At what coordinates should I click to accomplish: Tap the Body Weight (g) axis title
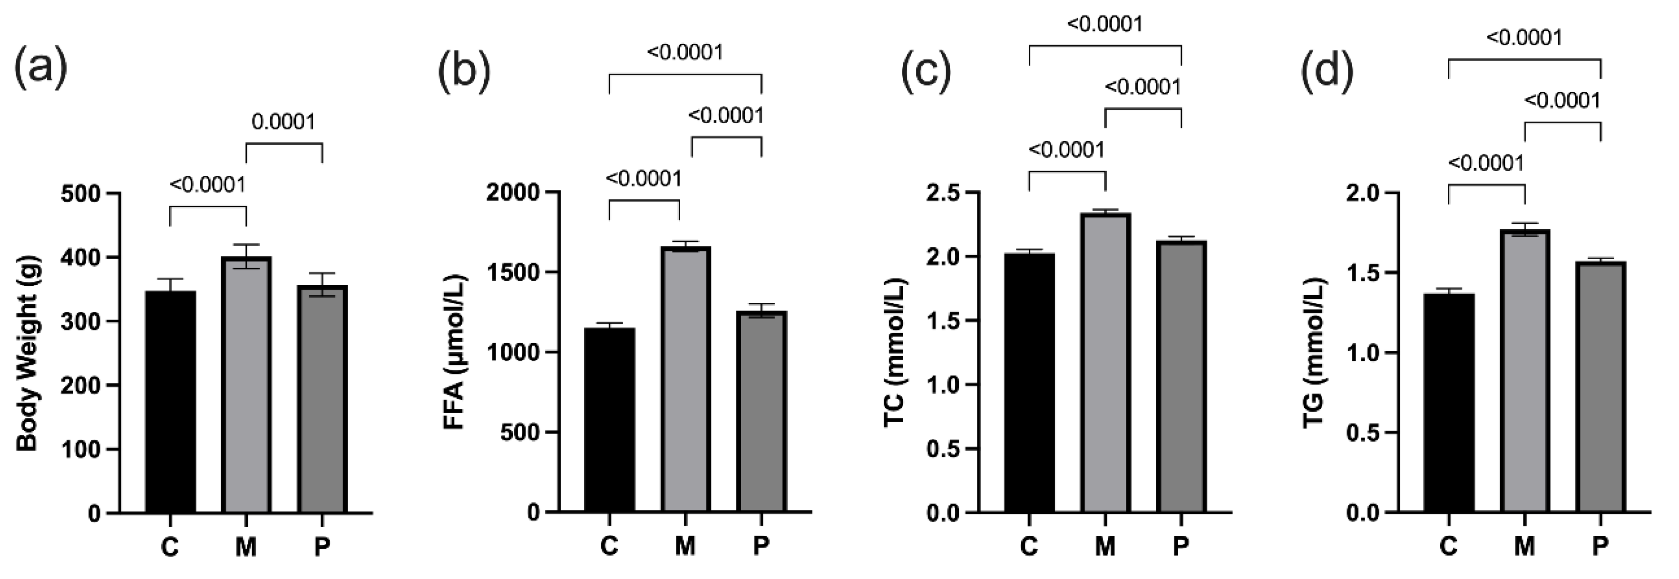click(28, 353)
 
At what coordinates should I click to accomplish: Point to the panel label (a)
click(40, 67)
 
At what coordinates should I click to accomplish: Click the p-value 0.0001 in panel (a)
click(283, 122)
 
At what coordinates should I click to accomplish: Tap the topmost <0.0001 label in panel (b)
click(684, 52)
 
